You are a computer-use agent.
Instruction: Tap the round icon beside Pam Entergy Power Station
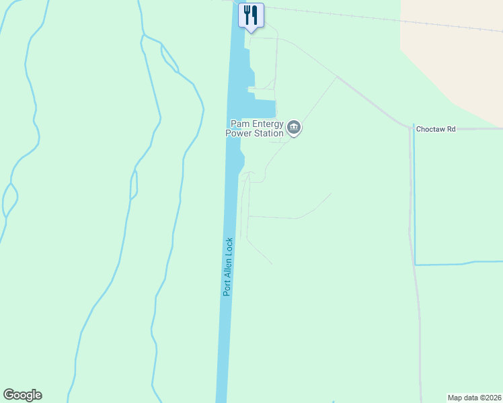294,128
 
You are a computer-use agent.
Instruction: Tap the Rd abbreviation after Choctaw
452,128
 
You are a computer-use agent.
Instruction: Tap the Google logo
22,395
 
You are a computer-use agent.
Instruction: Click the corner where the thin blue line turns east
415,264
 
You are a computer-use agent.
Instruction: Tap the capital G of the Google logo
8,395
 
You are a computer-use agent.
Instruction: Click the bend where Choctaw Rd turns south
411,127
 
